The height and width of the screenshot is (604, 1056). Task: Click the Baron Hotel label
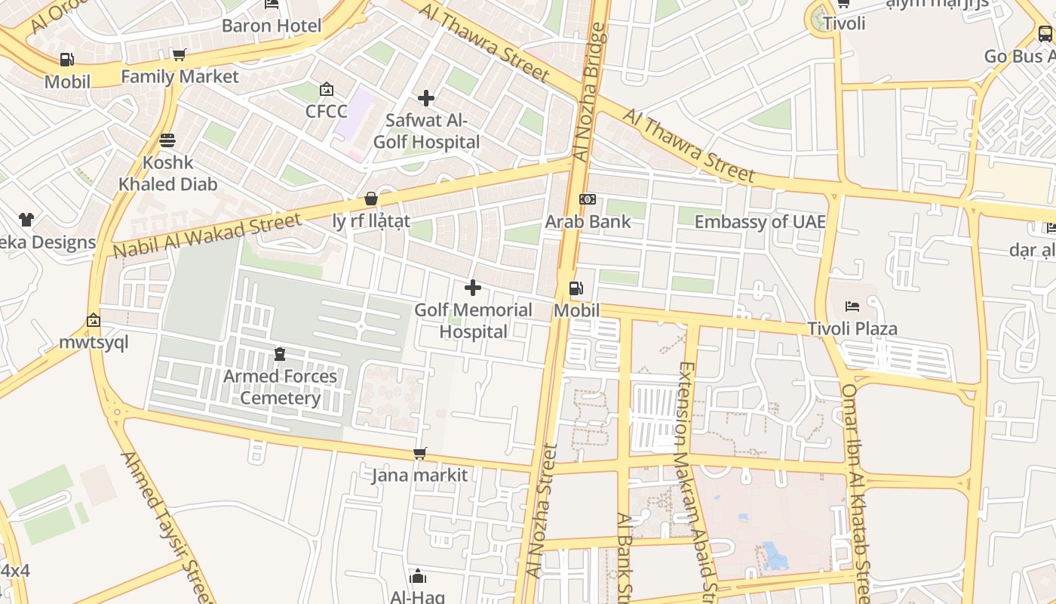click(271, 26)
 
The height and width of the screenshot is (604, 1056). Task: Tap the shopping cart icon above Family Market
click(179, 54)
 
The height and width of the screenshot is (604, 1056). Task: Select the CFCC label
click(326, 112)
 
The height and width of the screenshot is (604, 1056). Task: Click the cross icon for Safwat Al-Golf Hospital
click(426, 98)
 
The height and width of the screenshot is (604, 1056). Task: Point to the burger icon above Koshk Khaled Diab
click(167, 140)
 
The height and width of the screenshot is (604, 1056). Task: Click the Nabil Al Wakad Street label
click(207, 235)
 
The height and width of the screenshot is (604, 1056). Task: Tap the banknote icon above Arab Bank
click(588, 199)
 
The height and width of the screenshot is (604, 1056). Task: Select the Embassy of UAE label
click(760, 222)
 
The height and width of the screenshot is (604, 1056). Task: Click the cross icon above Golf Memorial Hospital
click(473, 288)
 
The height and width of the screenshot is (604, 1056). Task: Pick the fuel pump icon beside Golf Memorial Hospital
click(576, 288)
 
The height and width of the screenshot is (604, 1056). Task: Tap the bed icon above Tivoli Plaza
click(852, 307)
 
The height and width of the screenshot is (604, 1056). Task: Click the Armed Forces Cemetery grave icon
click(280, 353)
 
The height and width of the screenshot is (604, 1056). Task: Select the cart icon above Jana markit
click(420, 453)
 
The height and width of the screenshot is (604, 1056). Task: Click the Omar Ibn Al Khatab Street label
click(857, 491)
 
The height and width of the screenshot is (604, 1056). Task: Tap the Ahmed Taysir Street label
click(167, 525)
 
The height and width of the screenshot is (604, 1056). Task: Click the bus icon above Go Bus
click(1045, 34)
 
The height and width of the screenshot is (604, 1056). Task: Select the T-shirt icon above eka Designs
click(26, 220)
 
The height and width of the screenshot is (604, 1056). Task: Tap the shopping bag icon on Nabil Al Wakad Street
click(371, 199)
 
